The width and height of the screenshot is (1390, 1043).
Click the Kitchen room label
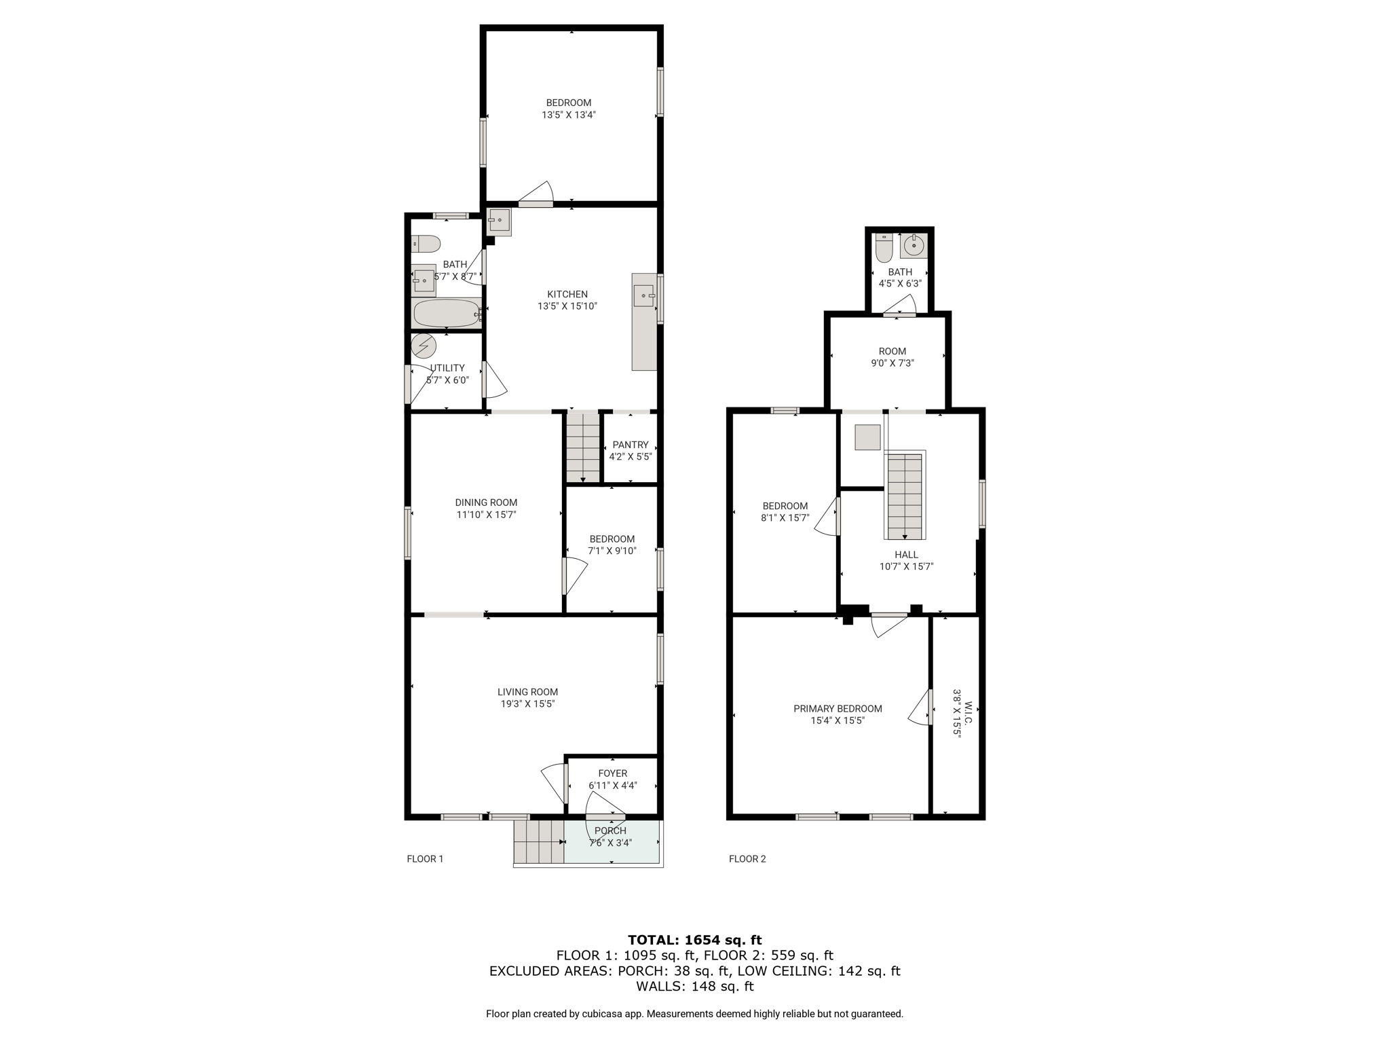[567, 294]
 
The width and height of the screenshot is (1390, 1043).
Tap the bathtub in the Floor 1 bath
[447, 313]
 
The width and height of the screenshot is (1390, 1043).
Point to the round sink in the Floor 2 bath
[914, 246]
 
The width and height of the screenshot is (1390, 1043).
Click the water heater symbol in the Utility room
[424, 346]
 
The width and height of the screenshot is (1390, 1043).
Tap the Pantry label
[631, 445]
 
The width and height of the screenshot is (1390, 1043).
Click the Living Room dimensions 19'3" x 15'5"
[528, 704]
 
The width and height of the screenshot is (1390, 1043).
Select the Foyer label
[613, 773]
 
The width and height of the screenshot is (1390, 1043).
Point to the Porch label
[610, 830]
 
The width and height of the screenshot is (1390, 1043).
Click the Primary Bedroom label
[838, 708]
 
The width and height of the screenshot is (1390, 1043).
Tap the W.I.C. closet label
[969, 712]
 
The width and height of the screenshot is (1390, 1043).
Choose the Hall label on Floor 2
[906, 555]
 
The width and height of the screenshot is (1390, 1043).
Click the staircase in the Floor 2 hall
[905, 495]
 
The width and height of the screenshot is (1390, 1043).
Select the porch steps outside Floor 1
[539, 842]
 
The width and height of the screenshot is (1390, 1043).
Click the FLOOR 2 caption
[747, 859]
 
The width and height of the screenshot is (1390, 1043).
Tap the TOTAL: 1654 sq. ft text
[694, 940]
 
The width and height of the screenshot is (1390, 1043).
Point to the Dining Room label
[486, 502]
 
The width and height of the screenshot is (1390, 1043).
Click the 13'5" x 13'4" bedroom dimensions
[569, 115]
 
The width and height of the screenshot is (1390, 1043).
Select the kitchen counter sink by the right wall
[644, 296]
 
